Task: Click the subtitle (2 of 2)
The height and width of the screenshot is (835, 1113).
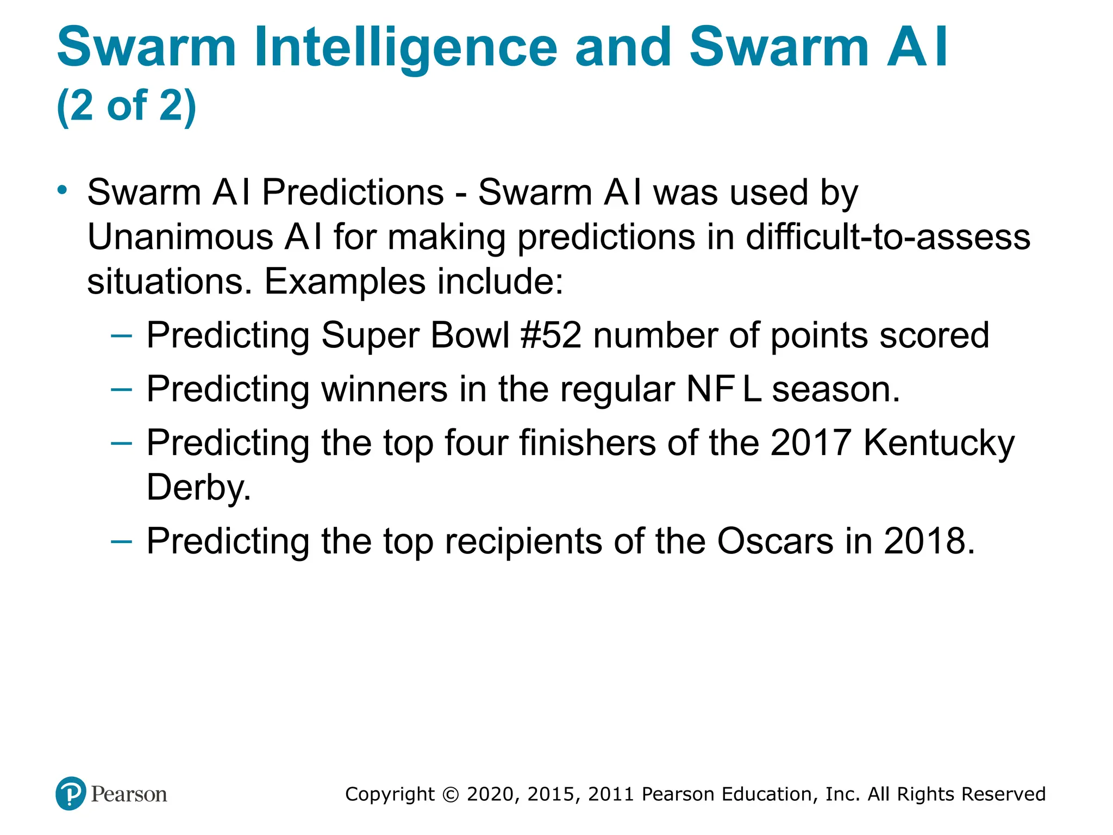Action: [126, 105]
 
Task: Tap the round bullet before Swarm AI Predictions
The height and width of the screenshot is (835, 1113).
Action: [62, 190]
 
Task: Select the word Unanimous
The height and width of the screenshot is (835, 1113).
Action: [180, 238]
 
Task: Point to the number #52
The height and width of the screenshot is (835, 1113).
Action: [551, 335]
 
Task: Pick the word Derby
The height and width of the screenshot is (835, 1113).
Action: [198, 487]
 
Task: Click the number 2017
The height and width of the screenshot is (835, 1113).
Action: [810, 443]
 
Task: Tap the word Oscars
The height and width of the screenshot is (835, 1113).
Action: [775, 541]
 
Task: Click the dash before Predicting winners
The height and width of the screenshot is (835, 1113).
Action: [121, 389]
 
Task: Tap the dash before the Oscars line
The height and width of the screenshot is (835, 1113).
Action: [121, 541]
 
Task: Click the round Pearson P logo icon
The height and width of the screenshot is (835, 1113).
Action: [71, 794]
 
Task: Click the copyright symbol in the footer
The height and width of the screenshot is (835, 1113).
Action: [451, 794]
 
